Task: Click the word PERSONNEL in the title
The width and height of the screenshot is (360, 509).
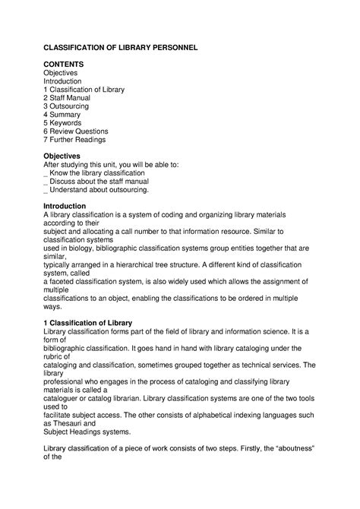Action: tap(168, 47)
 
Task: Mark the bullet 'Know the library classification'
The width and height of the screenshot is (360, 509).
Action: tap(96, 173)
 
